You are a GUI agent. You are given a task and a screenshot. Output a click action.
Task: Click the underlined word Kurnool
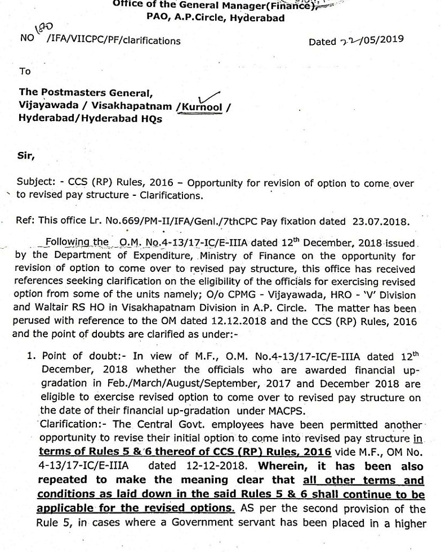200,106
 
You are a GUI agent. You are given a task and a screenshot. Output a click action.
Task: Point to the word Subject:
36,184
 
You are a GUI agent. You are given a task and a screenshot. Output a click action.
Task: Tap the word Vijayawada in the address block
45,105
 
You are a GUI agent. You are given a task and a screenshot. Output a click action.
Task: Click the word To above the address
25,71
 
